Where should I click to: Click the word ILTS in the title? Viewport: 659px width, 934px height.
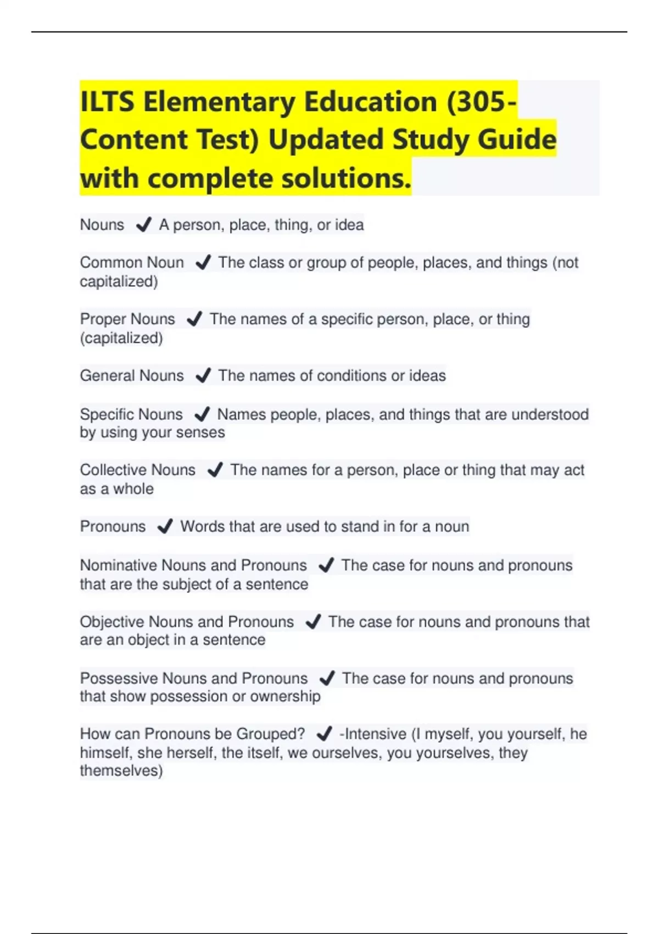coord(107,102)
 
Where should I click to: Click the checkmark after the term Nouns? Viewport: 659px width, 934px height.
coord(143,225)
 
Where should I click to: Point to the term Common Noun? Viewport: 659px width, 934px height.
coord(132,263)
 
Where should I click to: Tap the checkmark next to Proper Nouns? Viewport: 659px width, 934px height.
coord(194,319)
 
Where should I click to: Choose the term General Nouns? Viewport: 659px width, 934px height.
coord(132,376)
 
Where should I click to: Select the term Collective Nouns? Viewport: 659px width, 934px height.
coord(137,470)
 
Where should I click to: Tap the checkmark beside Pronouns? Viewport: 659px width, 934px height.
coord(165,527)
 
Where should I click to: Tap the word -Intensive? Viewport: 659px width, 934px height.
coord(373,734)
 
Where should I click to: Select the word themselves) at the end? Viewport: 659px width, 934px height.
coord(121,771)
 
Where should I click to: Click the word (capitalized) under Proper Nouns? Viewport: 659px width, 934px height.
coord(121,338)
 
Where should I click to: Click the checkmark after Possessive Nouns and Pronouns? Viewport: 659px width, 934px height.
coord(327,679)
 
